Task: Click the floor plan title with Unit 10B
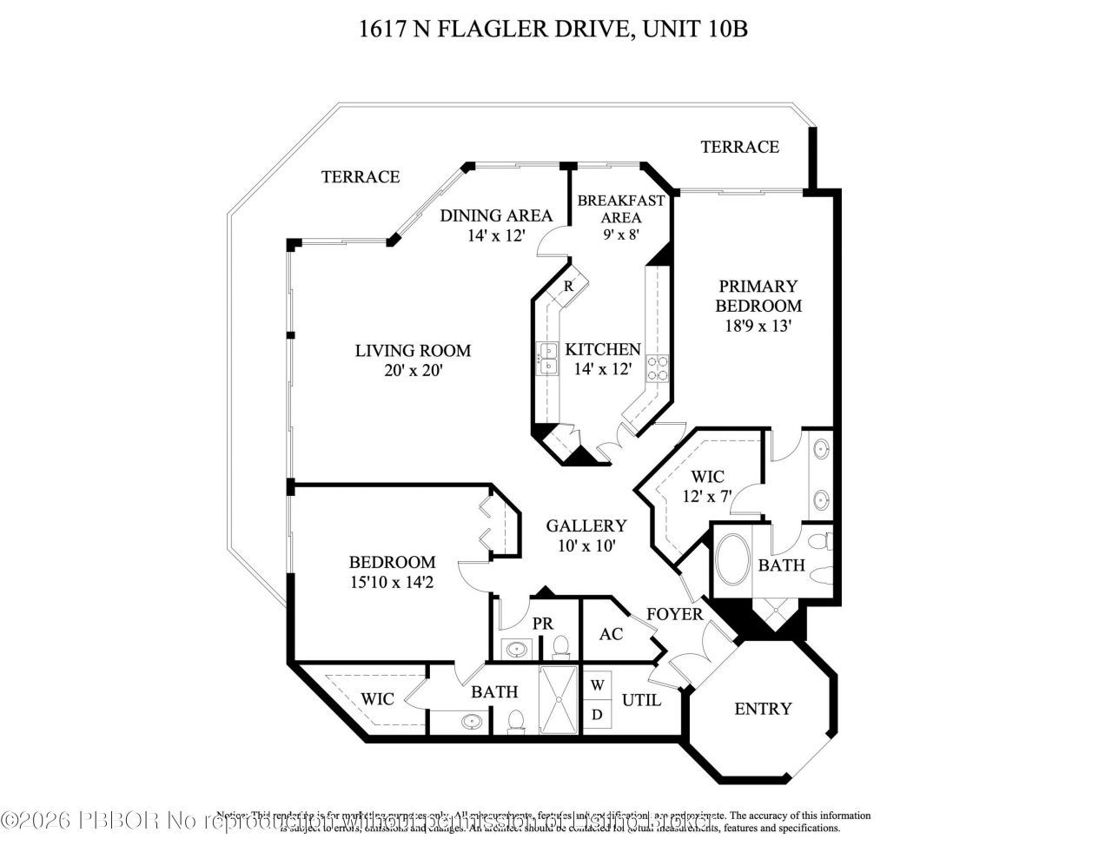553,30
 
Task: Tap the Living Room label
413,351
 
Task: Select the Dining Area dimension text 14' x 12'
494,235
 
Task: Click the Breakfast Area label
621,208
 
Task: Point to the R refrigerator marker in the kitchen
569,286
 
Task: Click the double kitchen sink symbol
548,358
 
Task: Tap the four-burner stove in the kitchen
657,369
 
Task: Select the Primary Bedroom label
758,295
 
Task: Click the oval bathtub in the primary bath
732,561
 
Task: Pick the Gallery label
586,525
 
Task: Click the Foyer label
674,614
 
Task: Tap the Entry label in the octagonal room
763,709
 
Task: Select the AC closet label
612,634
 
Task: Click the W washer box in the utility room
598,684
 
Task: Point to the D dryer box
598,714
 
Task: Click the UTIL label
642,700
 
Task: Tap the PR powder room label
543,624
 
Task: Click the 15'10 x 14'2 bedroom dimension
392,583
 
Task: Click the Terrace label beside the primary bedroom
739,147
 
